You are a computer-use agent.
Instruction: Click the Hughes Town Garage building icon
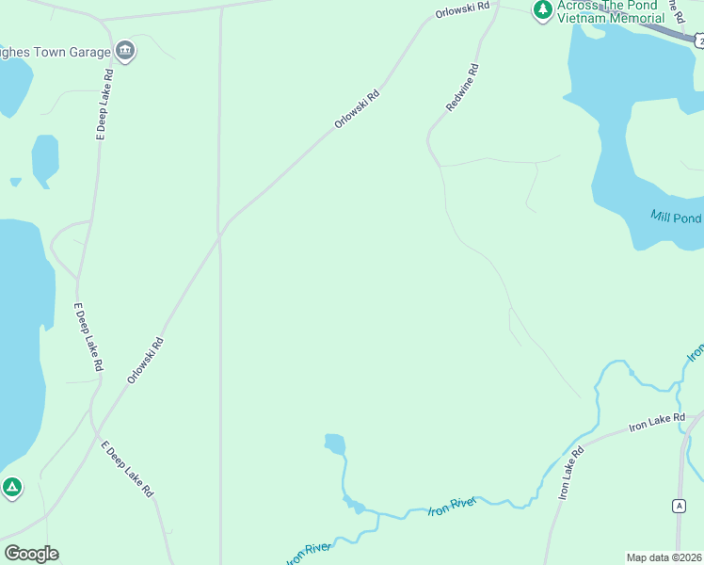pyautogui.click(x=124, y=50)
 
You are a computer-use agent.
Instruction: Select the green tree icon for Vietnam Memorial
pyautogui.click(x=542, y=9)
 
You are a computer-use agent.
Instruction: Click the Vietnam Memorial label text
pyautogui.click(x=611, y=18)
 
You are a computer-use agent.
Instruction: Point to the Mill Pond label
pyautogui.click(x=676, y=218)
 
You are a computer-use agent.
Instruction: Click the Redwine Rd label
pyautogui.click(x=463, y=88)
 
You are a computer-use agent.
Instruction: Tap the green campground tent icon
pyautogui.click(x=11, y=487)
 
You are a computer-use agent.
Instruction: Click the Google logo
pyautogui.click(x=31, y=553)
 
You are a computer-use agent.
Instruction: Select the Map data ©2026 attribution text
pyautogui.click(x=664, y=557)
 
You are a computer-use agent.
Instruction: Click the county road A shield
pyautogui.click(x=679, y=506)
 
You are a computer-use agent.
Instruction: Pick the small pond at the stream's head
pyautogui.click(x=334, y=444)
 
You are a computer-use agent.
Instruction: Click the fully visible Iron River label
pyautogui.click(x=454, y=507)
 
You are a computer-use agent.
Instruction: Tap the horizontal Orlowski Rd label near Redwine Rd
pyautogui.click(x=463, y=9)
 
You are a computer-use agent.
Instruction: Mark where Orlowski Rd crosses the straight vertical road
pyautogui.click(x=220, y=233)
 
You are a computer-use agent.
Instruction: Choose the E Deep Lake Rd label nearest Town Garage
pyautogui.click(x=104, y=105)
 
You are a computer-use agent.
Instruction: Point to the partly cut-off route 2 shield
pyautogui.click(x=697, y=40)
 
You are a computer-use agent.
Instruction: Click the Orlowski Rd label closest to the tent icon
pyautogui.click(x=146, y=360)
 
